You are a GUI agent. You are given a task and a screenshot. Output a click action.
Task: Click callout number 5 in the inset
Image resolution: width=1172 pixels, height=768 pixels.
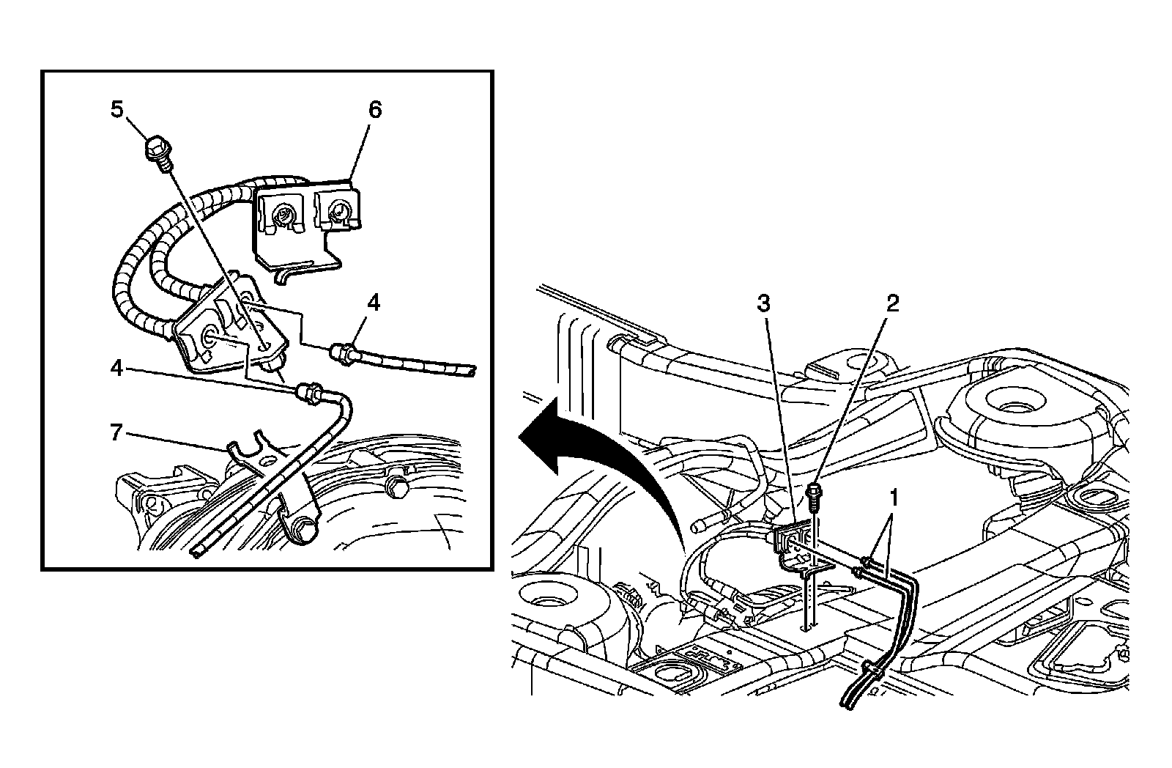pyautogui.click(x=117, y=110)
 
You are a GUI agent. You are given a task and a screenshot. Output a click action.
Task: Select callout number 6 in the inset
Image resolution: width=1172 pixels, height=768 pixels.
pyautogui.click(x=374, y=110)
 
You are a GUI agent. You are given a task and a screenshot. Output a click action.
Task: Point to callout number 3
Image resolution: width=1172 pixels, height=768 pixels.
pyautogui.click(x=764, y=303)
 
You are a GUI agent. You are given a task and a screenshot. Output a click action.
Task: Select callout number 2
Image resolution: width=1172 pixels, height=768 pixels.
pyautogui.click(x=891, y=303)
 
